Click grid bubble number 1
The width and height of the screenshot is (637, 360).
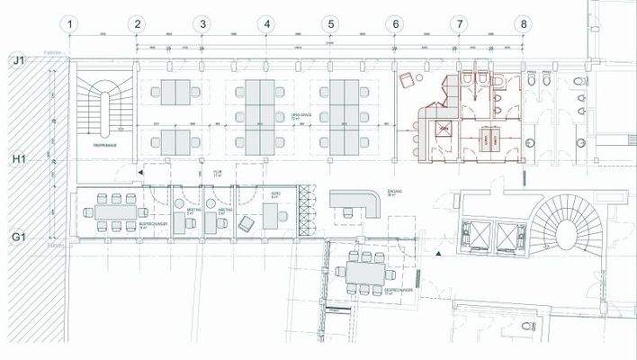pos(72,24)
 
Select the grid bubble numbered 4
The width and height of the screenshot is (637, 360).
pos(266,24)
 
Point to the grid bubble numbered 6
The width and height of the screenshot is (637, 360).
pos(395,24)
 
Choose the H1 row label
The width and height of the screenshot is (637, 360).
pos(17,158)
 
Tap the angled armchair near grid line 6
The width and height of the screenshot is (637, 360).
pos(406,80)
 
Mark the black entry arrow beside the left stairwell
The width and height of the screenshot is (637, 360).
pos(141,170)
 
